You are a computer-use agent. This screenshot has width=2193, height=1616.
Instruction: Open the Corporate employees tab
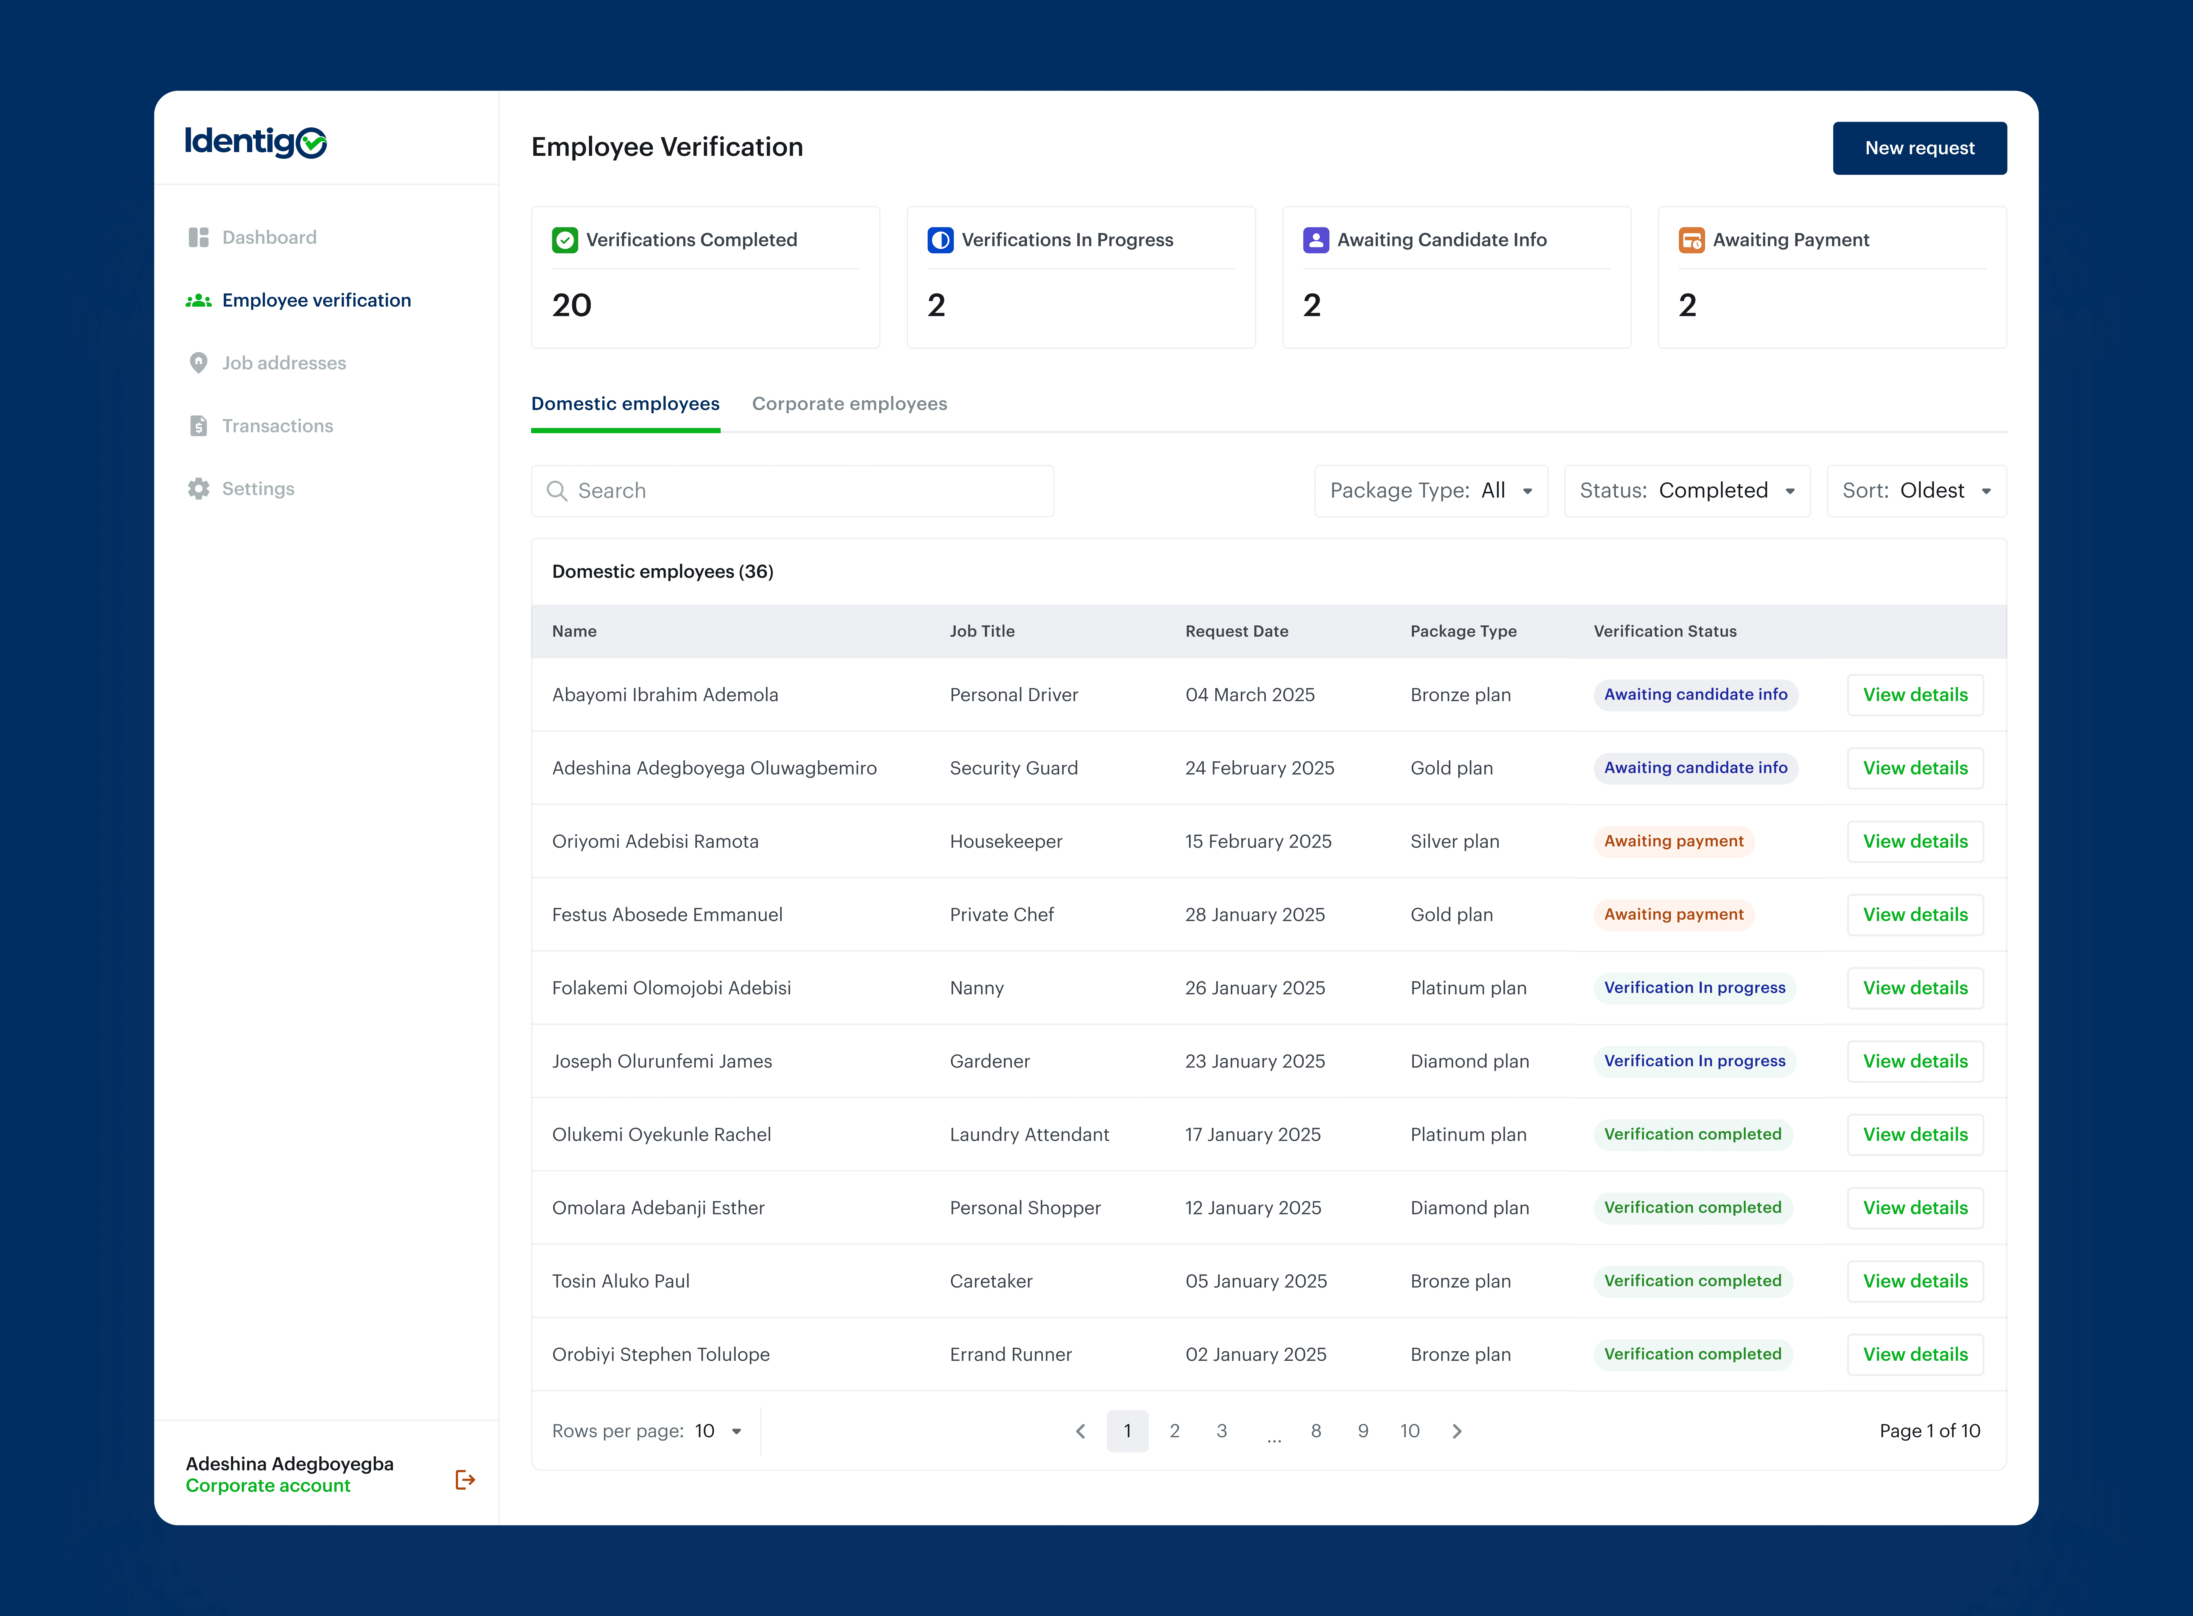[x=849, y=404]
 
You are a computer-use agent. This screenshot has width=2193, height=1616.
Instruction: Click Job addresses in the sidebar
[x=284, y=363]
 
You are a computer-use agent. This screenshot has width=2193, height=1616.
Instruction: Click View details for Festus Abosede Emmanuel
[x=1914, y=915]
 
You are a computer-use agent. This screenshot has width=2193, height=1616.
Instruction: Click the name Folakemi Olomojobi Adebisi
[x=671, y=988]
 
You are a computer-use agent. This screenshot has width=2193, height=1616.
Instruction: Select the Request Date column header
[x=1237, y=631]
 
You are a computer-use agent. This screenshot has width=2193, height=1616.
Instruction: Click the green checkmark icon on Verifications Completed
[x=564, y=240]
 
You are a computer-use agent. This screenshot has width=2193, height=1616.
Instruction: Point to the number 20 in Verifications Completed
[x=571, y=305]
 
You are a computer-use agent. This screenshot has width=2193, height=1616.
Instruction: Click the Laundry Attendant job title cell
[x=1029, y=1135]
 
